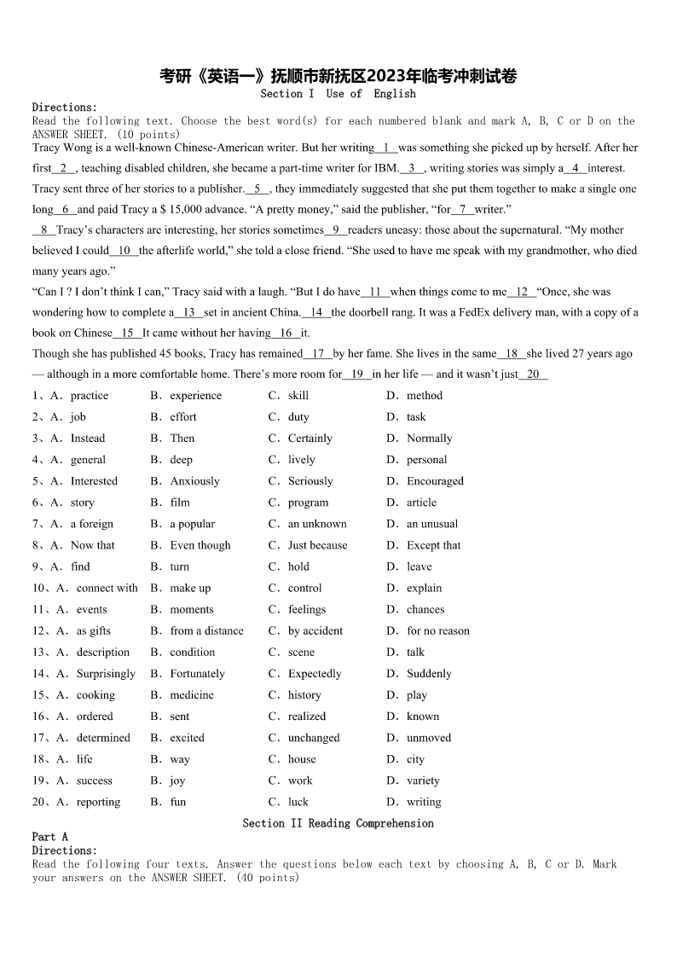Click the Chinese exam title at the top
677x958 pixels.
pyautogui.click(x=338, y=76)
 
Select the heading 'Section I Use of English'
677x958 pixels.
pyautogui.click(x=338, y=94)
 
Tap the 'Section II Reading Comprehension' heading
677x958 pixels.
pyautogui.click(x=338, y=823)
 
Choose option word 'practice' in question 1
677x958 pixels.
pyautogui.click(x=90, y=396)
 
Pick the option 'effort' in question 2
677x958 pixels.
pyautogui.click(x=183, y=417)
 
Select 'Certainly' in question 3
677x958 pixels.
pyautogui.click(x=310, y=438)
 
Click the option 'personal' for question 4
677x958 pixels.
pyautogui.click(x=427, y=460)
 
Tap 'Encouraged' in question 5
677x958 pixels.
pyautogui.click(x=436, y=481)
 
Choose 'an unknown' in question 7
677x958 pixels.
pyautogui.click(x=317, y=524)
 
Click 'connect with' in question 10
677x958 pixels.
pyautogui.click(x=107, y=588)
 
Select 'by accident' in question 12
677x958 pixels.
pyautogui.click(x=315, y=631)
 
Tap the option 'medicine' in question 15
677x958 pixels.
pyautogui.click(x=192, y=695)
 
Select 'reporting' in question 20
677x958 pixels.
pyautogui.click(x=98, y=802)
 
